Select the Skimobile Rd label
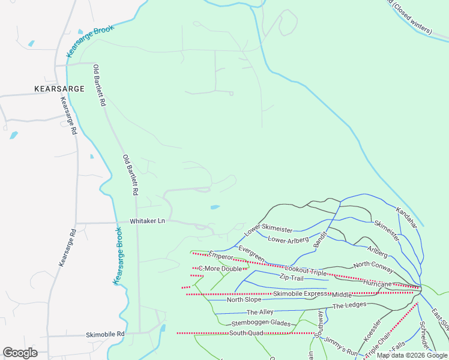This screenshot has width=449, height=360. tap(104, 334)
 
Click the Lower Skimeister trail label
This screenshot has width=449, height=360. tap(268, 230)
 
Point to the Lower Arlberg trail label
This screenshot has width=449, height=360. tap(288, 240)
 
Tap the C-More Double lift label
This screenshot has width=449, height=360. tap(220, 268)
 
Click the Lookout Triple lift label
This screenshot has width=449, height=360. tap(306, 272)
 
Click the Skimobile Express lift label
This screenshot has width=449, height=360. tap(302, 293)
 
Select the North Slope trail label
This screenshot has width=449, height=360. tap(244, 299)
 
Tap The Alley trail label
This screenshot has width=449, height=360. tap(260, 313)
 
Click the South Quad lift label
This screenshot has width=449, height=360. tap(246, 332)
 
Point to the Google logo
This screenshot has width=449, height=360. tap(20, 353)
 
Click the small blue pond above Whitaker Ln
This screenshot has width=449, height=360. tap(215, 208)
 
